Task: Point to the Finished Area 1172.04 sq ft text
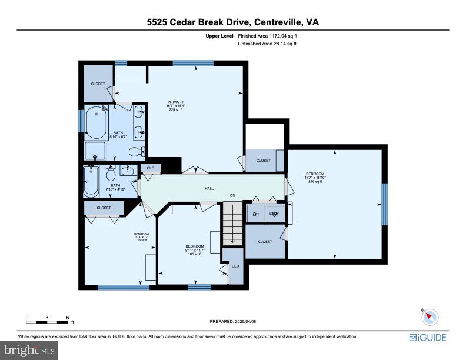coord(272,36)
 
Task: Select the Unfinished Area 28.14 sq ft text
coord(267,44)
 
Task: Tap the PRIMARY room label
coord(177,105)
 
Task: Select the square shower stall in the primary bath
coord(95,151)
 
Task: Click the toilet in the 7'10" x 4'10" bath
coord(110,174)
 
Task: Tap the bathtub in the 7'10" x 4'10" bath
coord(92,181)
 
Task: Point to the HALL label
coord(209,189)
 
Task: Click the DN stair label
coord(232,196)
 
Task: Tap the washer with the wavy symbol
coord(255,214)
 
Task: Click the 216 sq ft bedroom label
coord(315,177)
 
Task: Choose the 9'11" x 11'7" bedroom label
coord(195,250)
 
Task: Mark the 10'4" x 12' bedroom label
coord(141,237)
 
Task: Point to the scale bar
coord(47,322)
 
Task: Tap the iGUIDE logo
coord(428,338)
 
